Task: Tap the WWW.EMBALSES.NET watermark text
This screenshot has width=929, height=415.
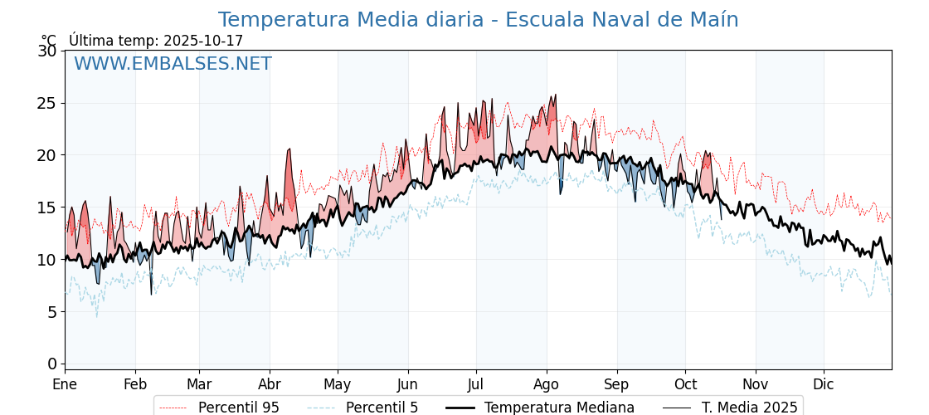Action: (173, 64)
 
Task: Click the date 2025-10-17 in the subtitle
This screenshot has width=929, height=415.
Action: (203, 41)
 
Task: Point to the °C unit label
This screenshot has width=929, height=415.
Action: (49, 41)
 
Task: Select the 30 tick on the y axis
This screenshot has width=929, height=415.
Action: (47, 51)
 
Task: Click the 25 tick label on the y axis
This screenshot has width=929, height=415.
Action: (47, 103)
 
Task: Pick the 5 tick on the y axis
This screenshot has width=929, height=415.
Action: (52, 311)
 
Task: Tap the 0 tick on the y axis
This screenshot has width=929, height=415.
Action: (52, 364)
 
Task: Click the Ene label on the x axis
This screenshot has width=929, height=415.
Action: (65, 384)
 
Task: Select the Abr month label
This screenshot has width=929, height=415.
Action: (270, 384)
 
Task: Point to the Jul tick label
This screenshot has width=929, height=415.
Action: (476, 384)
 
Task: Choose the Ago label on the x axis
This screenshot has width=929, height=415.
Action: (547, 384)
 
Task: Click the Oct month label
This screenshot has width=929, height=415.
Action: (685, 384)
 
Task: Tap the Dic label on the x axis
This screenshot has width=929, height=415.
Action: (824, 384)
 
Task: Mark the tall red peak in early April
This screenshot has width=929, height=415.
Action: (289, 151)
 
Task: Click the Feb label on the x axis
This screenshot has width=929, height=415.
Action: (135, 384)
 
